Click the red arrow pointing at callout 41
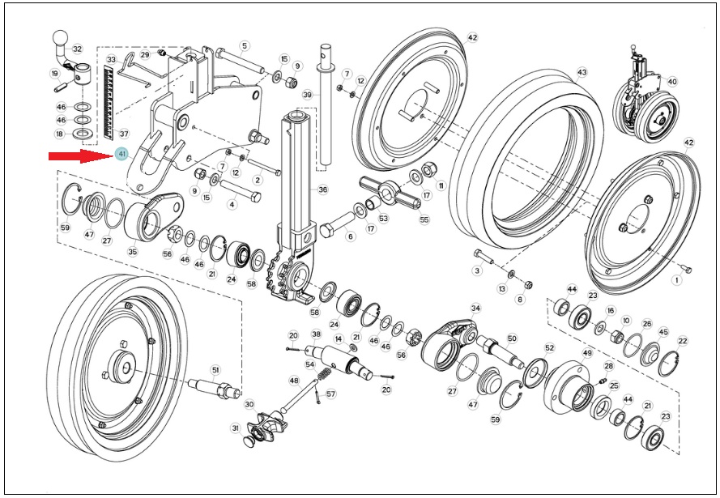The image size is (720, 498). point(81,156)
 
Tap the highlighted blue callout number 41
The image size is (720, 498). point(121,155)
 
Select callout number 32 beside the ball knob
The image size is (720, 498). point(77,49)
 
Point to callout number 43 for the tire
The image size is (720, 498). point(582,73)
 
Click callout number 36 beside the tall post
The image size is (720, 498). point(322,189)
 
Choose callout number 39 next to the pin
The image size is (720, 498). point(307,95)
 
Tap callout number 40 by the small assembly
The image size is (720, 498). point(671,82)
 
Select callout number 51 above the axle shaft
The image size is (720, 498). point(215,370)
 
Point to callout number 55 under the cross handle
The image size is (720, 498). point(424,219)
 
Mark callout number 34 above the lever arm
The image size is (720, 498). point(475,308)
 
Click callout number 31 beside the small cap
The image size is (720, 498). point(236,428)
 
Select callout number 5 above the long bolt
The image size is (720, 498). point(245,46)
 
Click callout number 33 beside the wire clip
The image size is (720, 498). point(111,60)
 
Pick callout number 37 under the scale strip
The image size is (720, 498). point(124,134)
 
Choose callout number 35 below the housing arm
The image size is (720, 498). point(132,252)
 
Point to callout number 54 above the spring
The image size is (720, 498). point(310,364)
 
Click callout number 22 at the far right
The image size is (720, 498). point(683,341)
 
